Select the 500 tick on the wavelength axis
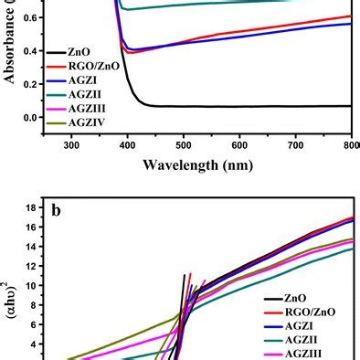pos(184,143)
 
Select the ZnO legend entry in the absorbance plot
pos(80,53)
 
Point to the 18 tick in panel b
pos(31,207)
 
